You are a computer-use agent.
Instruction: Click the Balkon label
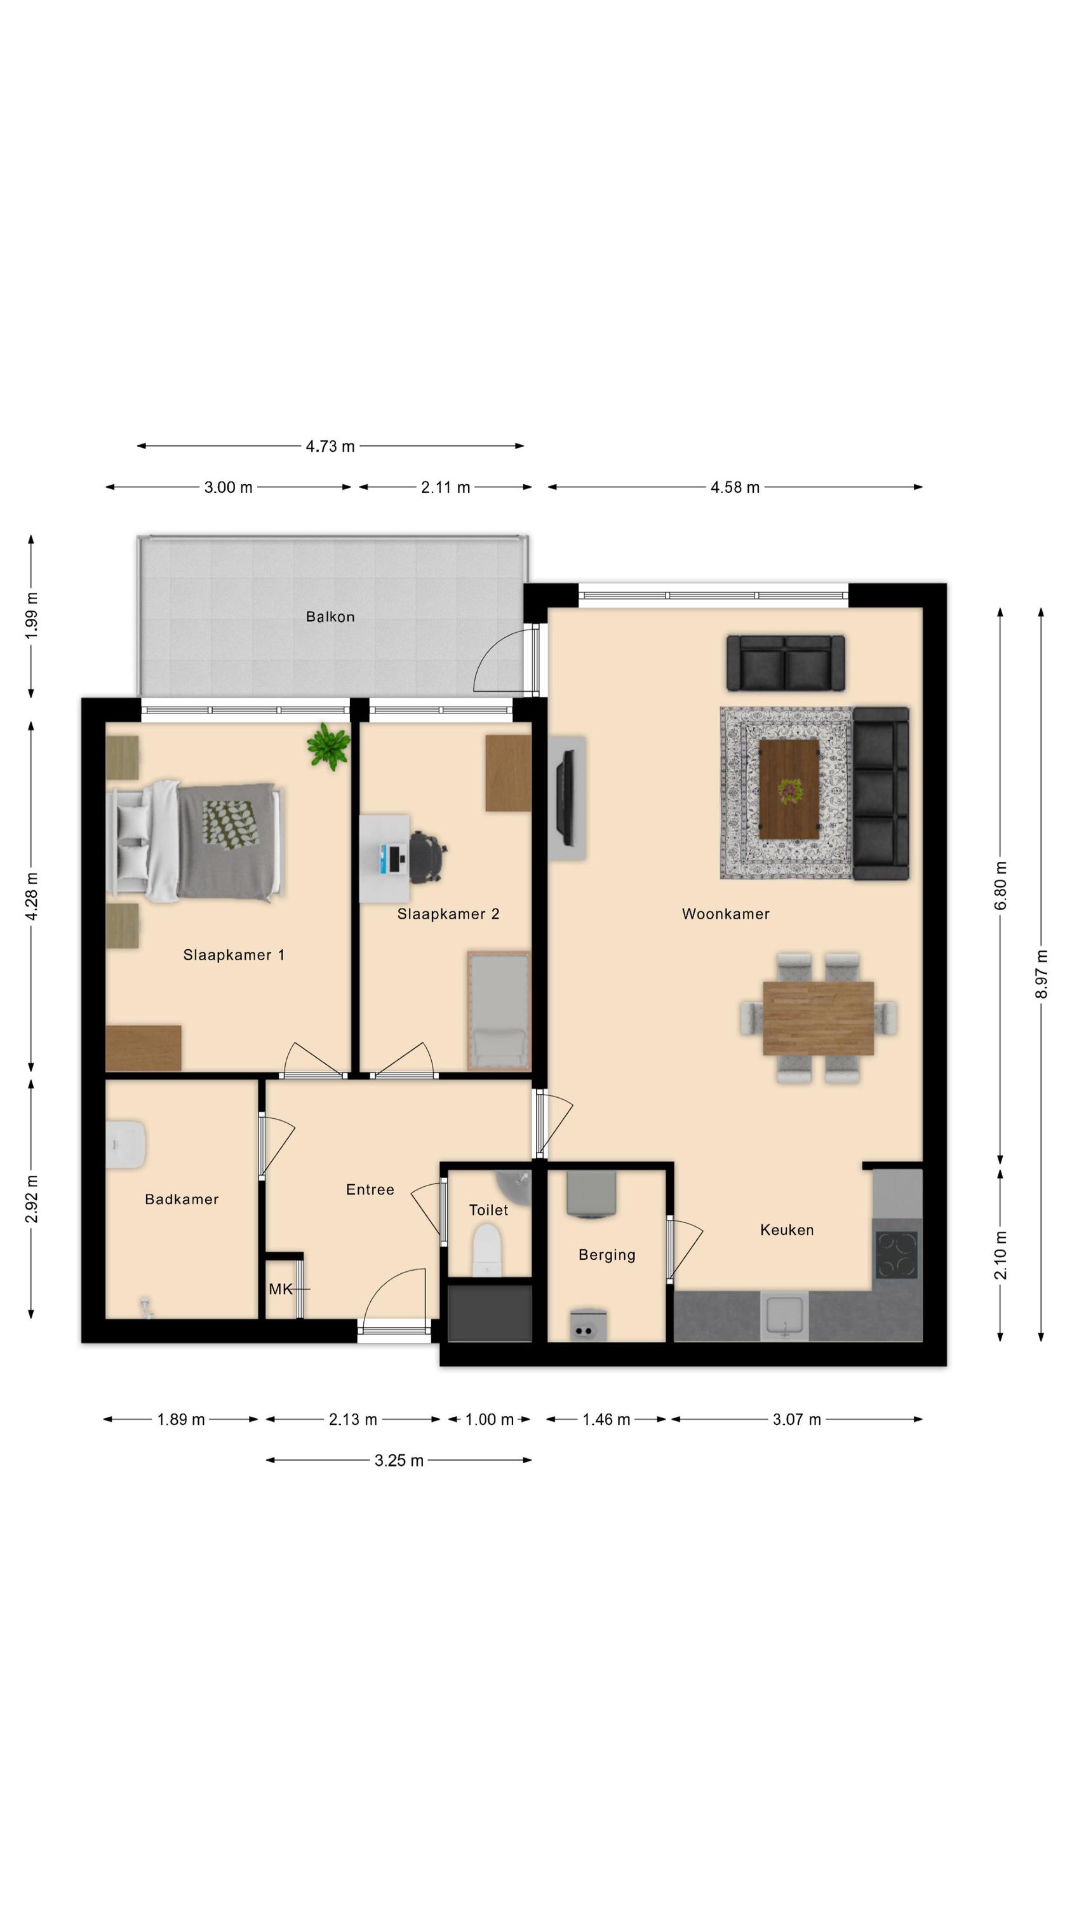tap(330, 616)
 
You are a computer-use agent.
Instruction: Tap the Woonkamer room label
tap(725, 914)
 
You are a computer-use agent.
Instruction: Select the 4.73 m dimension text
tap(330, 446)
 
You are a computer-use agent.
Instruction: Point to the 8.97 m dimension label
tap(1041, 974)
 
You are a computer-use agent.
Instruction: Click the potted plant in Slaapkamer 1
tap(328, 746)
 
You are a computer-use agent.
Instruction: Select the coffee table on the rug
tap(789, 788)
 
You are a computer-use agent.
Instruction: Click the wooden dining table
tap(817, 1017)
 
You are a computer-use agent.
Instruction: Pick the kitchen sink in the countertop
tap(784, 1316)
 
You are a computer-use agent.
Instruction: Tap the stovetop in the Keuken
tap(897, 1255)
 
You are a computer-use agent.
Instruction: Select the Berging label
tap(606, 1255)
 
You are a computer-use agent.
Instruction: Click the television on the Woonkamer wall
tap(568, 797)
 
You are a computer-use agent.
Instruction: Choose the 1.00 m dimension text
tap(489, 1419)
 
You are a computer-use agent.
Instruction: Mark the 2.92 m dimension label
tap(31, 1200)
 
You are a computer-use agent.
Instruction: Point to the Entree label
tap(370, 1190)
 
